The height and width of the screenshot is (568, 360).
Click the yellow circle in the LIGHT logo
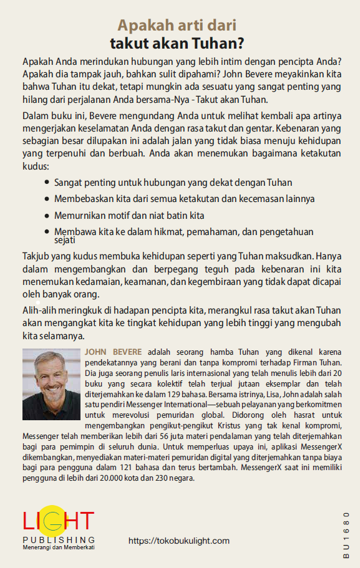click(x=52, y=520)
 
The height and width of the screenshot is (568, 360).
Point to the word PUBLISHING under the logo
click(x=59, y=539)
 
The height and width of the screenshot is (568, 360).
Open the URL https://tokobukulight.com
click(x=179, y=541)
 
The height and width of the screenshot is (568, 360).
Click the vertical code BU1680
click(x=346, y=530)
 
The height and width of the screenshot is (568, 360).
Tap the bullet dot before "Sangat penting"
click(x=48, y=183)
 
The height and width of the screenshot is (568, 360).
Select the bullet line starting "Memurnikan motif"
click(x=130, y=215)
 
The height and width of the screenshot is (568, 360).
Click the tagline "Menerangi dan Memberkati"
click(x=59, y=547)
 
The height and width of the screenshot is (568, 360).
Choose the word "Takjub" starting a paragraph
click(x=37, y=256)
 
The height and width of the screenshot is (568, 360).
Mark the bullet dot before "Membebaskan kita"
click(x=48, y=200)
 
